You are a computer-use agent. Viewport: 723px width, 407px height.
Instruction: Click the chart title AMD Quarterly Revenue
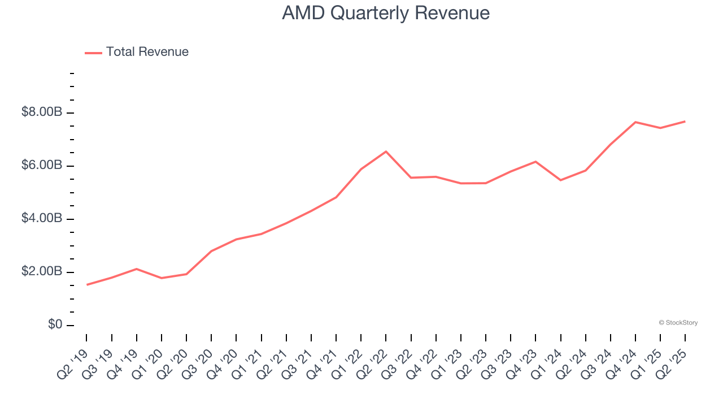(386, 13)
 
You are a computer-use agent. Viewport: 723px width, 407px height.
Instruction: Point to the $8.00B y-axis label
(41, 112)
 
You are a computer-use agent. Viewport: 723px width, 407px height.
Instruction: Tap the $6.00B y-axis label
(41, 166)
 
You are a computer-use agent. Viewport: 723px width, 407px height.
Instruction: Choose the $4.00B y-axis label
(41, 219)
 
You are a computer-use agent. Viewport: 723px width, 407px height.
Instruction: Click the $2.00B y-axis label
(41, 272)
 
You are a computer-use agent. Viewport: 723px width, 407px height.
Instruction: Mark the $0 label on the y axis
(55, 325)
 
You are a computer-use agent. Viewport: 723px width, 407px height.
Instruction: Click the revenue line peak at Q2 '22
(386, 151)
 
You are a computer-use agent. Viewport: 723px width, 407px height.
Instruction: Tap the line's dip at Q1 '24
(560, 180)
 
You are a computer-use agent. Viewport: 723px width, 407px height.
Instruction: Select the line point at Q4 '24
(635, 122)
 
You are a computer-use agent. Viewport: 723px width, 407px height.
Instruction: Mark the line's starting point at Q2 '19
(86, 284)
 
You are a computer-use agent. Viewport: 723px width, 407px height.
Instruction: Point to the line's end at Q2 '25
(685, 122)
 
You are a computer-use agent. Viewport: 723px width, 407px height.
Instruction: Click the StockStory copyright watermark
(678, 323)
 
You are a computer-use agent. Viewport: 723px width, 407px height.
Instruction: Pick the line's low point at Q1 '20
(162, 278)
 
